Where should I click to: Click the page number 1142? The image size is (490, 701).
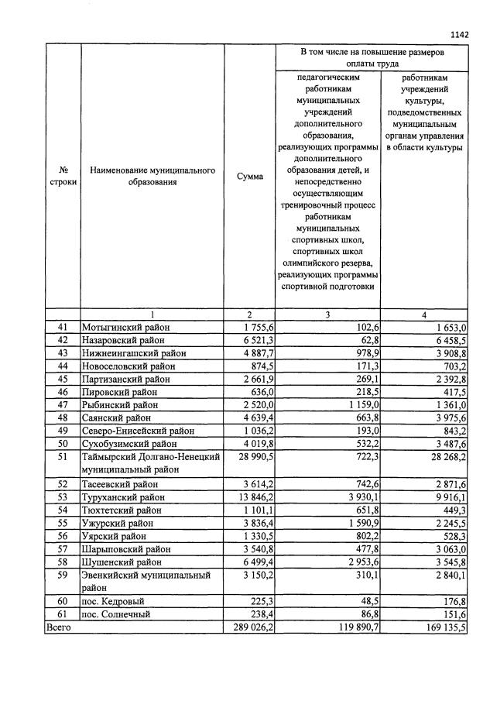coord(459,34)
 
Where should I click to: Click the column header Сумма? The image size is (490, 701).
coord(249,176)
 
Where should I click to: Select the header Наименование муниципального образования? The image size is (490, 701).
coord(151,176)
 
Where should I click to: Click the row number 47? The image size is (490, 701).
coord(63,405)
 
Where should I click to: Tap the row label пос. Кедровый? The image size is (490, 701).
coord(115,602)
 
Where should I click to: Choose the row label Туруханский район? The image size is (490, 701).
coord(123,497)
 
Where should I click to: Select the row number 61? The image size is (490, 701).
coord(63,615)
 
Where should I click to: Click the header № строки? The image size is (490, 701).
coord(63,176)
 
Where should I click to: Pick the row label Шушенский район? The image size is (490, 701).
coord(122,562)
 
